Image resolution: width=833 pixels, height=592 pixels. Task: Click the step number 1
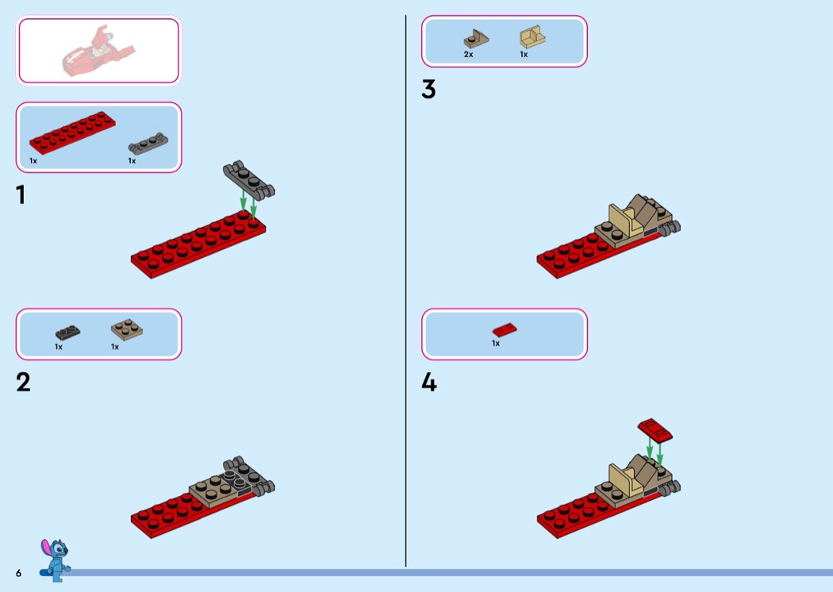[21, 194]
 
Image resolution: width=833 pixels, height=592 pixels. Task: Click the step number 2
[23, 382]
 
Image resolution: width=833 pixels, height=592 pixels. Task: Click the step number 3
[428, 90]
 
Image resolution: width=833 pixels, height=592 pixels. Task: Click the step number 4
[429, 382]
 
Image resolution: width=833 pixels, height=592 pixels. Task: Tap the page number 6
[18, 573]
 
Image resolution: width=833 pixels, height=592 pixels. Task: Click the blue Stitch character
[55, 559]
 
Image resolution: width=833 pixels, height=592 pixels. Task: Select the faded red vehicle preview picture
[98, 51]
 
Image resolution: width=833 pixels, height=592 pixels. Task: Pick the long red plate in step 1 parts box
[72, 132]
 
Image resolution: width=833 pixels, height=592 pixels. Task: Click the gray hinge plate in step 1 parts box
[148, 144]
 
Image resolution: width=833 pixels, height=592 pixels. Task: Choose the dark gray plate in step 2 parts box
[68, 333]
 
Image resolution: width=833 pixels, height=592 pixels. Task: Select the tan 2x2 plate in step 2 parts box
[126, 329]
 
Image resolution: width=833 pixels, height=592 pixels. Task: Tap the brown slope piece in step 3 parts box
[476, 39]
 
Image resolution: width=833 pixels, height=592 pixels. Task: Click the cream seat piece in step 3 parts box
[532, 37]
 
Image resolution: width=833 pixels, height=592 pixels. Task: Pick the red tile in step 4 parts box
[504, 330]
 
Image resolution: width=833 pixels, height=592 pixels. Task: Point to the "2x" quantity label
[468, 54]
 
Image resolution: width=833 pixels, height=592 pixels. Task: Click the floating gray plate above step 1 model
[248, 180]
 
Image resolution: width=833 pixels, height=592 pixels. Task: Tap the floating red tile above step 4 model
[655, 430]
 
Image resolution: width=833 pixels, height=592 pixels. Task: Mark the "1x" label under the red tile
[496, 344]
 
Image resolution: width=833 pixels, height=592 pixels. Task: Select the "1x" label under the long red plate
[33, 160]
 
